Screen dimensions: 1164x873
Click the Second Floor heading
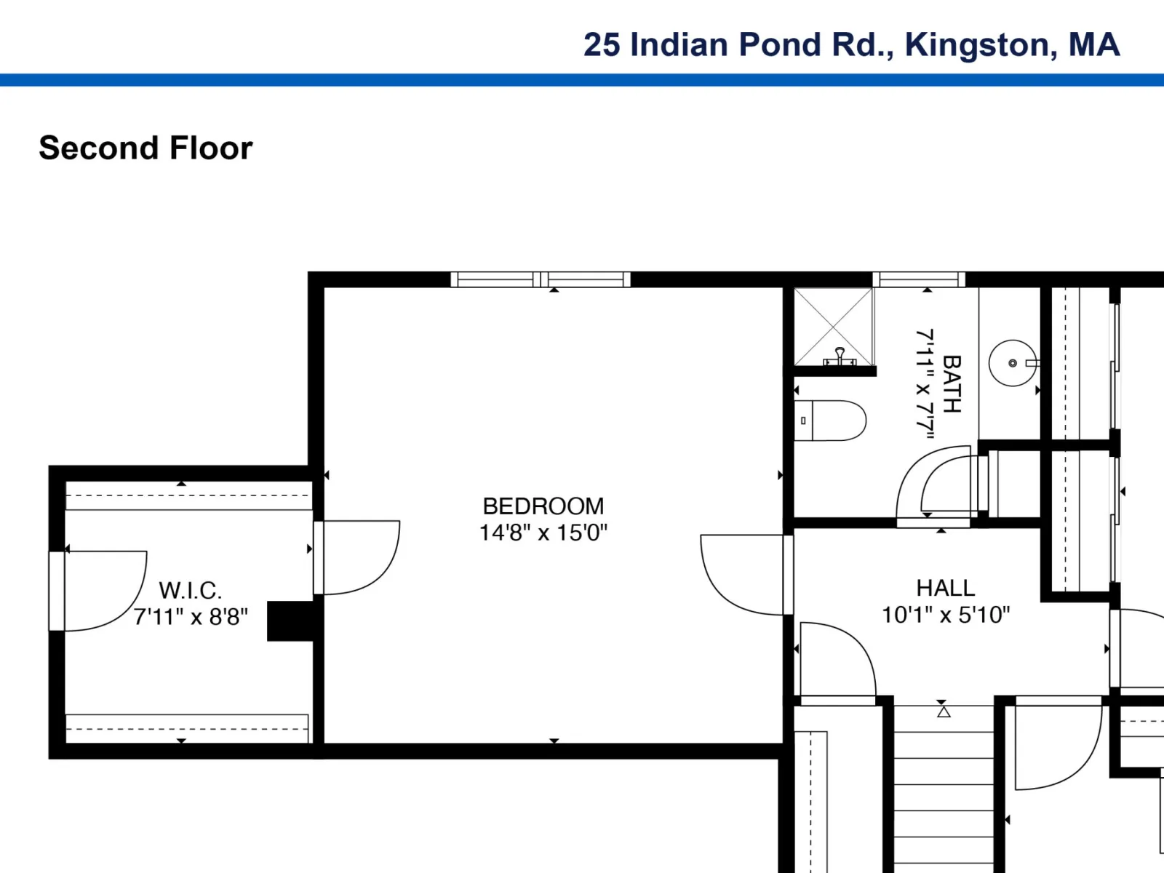tap(145, 148)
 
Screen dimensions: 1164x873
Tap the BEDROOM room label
tap(543, 506)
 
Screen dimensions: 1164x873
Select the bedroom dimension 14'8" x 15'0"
tap(543, 533)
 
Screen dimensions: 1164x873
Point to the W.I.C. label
tap(191, 591)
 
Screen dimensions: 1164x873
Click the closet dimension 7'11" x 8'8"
tap(191, 617)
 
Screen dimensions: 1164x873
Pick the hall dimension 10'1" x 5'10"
tap(946, 615)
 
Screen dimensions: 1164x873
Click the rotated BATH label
tap(952, 384)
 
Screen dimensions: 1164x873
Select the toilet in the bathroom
tap(830, 421)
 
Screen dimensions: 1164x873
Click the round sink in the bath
tap(1013, 363)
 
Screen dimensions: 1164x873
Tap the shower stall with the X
tap(833, 327)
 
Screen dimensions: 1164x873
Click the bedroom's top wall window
tap(541, 279)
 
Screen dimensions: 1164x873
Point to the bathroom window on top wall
tap(919, 279)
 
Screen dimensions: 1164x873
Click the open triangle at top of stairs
tap(944, 712)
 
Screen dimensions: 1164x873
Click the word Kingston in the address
tap(977, 46)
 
